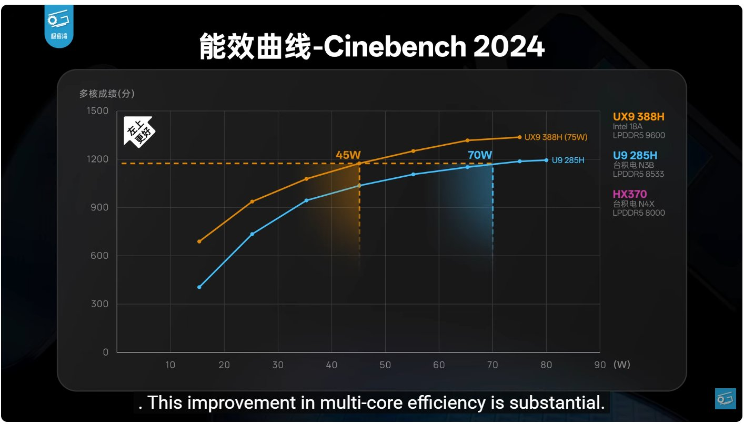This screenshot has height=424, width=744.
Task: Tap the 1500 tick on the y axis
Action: click(x=98, y=111)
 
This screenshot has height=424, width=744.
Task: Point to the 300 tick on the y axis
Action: click(x=99, y=304)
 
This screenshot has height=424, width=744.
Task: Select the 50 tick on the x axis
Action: click(x=385, y=365)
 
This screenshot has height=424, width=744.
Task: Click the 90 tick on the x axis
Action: click(x=600, y=365)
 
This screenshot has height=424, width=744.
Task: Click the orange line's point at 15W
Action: click(x=199, y=241)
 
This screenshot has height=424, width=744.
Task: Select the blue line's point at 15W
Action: click(x=199, y=287)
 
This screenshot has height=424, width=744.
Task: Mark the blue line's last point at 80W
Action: click(x=546, y=160)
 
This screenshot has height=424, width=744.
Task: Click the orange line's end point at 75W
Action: click(x=519, y=137)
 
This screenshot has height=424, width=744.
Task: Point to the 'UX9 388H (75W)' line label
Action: click(x=556, y=137)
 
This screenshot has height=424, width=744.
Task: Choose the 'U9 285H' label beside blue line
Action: click(x=568, y=160)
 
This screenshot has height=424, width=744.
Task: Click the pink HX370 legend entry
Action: click(x=629, y=194)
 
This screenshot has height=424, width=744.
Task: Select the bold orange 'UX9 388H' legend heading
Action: click(x=635, y=117)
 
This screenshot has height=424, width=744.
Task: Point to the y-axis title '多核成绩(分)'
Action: click(x=107, y=94)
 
